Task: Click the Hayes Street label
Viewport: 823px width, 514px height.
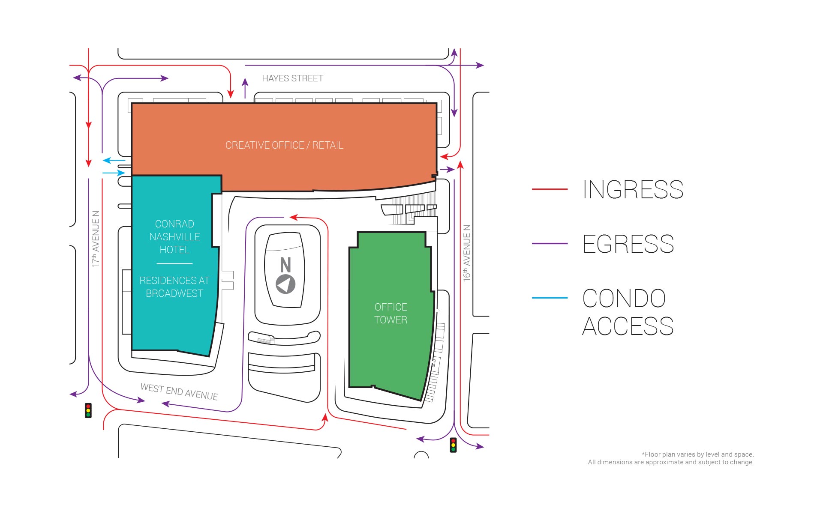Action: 292,78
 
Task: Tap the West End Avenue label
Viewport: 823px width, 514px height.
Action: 179,392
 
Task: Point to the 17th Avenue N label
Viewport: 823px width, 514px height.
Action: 96,239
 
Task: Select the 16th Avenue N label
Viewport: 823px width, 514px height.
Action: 467,253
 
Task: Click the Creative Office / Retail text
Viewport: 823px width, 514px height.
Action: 284,145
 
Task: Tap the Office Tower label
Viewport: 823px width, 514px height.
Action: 390,314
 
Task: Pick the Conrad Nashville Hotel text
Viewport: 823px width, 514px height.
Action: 174,237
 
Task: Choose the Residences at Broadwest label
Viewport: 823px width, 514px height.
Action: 174,287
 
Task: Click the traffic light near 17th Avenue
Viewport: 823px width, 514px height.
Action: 88,410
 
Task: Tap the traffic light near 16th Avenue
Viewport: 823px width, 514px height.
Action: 453,445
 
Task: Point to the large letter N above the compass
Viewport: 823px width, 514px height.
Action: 285,265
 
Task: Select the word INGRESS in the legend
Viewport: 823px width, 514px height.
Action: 633,189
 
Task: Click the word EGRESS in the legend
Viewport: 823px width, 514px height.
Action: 628,244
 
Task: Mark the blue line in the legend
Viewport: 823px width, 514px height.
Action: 550,298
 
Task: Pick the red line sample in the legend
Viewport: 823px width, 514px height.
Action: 550,189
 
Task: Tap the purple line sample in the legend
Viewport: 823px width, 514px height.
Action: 550,243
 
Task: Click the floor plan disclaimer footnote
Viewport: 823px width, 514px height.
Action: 671,458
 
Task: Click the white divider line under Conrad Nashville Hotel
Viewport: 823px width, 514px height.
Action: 174,263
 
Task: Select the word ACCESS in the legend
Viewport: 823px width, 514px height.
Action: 628,326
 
